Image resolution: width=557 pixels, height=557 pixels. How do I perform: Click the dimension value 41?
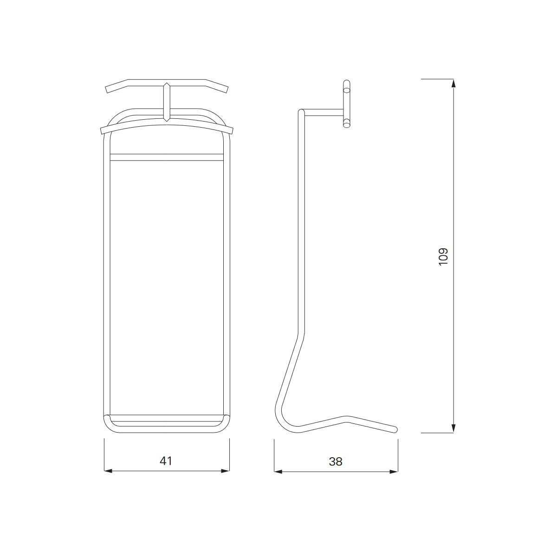point(166,461)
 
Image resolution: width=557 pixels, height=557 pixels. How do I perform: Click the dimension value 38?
point(336,461)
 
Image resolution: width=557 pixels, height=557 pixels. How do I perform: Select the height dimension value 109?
point(443,257)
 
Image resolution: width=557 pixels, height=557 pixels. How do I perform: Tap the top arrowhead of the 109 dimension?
point(453,84)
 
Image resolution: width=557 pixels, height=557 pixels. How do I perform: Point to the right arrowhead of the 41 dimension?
point(225,471)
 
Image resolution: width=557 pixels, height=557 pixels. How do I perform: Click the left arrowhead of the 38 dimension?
point(278,472)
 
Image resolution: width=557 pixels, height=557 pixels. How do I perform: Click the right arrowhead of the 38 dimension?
point(394,472)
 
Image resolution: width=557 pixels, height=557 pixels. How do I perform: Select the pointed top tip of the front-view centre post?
point(166,83)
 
